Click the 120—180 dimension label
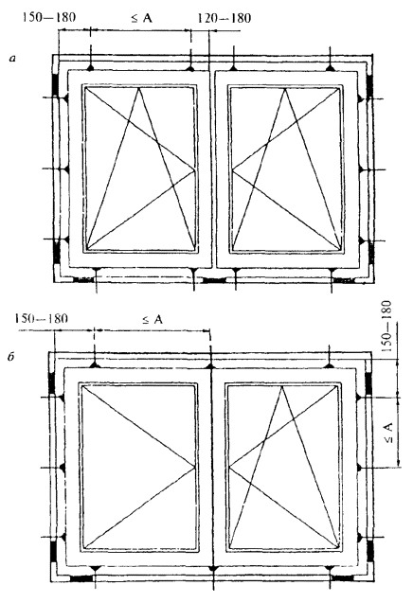point(224,18)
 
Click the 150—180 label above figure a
point(49,17)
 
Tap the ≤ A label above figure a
point(142,18)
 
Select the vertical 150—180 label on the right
point(386,327)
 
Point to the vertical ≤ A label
point(388,433)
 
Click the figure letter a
point(13,59)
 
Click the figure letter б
point(10,357)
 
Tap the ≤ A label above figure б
point(153,319)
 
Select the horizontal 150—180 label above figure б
point(41,319)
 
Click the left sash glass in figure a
point(139,169)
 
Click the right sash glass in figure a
point(286,169)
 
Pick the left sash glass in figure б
point(138,467)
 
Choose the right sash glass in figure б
point(284,467)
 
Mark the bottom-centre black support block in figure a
point(214,280)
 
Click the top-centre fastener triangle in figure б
point(210,366)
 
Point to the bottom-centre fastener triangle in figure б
point(211,568)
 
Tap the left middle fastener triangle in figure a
point(65,169)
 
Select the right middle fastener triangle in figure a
point(362,169)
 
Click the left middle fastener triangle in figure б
point(62,468)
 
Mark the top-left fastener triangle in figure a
point(90,68)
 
